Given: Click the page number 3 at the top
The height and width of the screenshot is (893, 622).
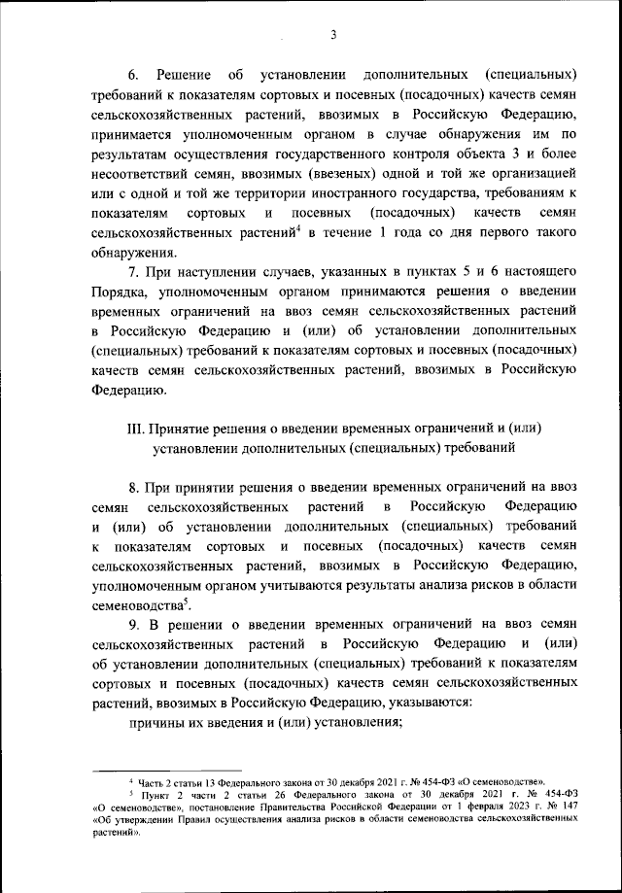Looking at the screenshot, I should click(x=332, y=36).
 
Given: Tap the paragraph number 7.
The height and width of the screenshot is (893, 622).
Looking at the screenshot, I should click(x=133, y=273).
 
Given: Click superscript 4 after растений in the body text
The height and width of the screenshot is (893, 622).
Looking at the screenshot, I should click(x=297, y=227).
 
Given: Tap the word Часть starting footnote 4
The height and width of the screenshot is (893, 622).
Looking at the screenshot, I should click(x=155, y=780).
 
